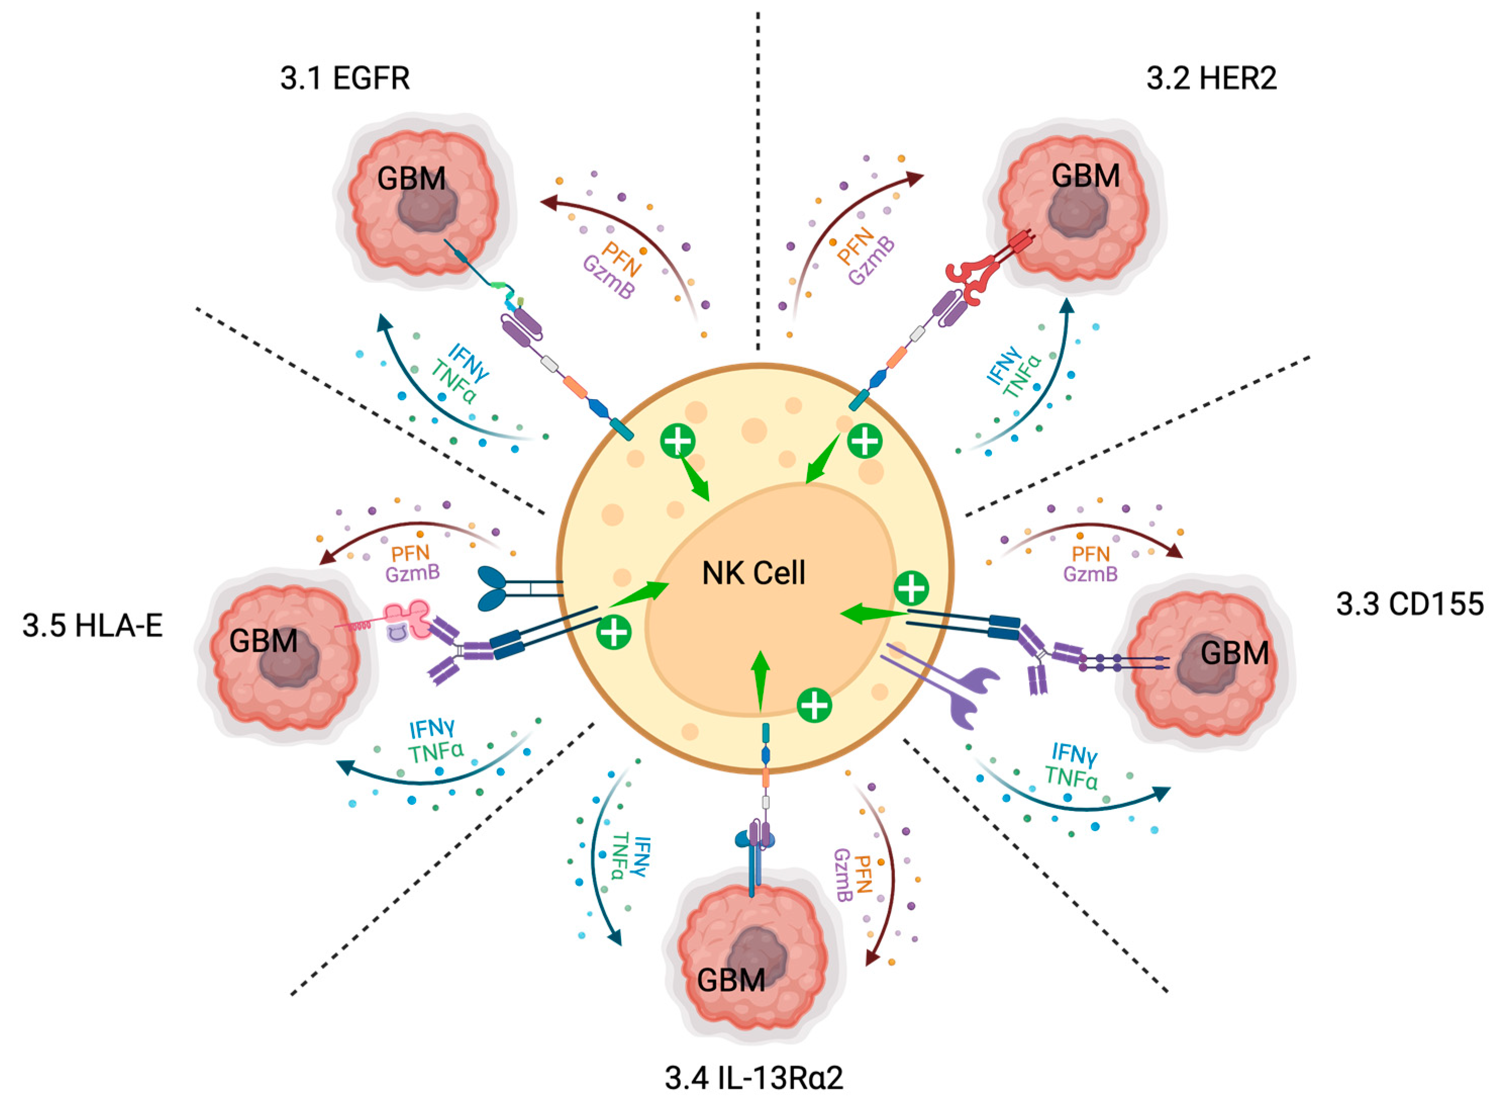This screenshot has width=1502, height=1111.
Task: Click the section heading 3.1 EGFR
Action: click(x=345, y=79)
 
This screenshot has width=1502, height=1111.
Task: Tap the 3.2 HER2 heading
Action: click(x=1211, y=79)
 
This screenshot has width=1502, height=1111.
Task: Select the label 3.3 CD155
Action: click(x=1409, y=604)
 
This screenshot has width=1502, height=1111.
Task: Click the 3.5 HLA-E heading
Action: click(x=93, y=626)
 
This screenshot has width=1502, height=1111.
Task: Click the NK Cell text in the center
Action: click(x=753, y=573)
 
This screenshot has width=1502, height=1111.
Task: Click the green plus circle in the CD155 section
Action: click(x=912, y=588)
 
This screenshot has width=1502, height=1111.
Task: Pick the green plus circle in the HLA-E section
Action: click(x=614, y=632)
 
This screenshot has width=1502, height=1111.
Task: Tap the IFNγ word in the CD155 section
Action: click(x=1074, y=754)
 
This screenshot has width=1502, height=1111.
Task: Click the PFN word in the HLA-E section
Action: click(x=410, y=554)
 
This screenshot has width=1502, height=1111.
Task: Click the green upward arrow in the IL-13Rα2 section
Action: click(x=761, y=679)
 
